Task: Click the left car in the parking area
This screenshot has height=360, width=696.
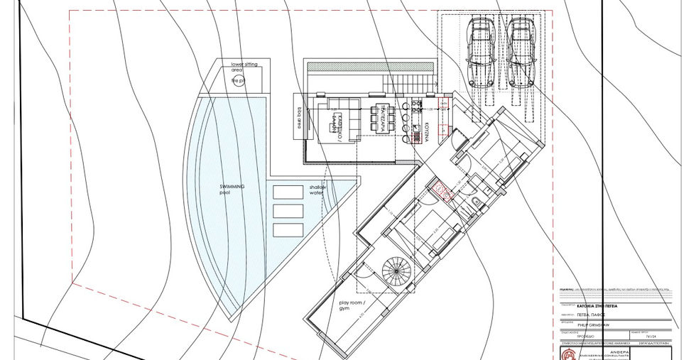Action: pos(480,52)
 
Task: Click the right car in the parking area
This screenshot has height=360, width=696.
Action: pos(518,52)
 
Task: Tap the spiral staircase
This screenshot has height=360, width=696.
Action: pos(398,272)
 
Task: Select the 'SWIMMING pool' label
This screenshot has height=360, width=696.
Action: pos(232,189)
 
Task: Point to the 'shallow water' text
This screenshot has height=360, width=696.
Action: pos(317,190)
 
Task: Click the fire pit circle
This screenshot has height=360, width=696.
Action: pos(237,81)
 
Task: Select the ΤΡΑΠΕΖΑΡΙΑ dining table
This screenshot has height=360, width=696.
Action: pos(378,115)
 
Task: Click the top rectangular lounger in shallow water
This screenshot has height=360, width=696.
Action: pos(288,192)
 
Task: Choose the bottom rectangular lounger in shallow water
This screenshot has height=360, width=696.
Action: pos(288,229)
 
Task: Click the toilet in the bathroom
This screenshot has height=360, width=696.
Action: pos(474,205)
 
